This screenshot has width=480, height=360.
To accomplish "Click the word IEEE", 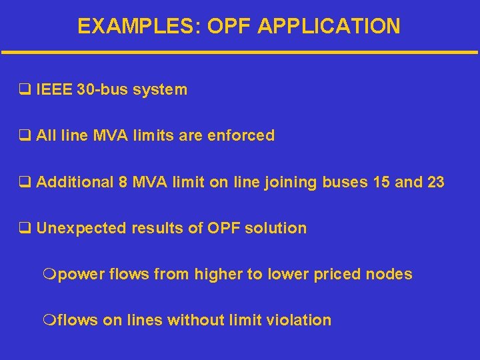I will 55,89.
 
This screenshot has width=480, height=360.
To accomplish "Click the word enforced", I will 241,136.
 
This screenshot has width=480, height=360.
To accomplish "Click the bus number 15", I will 381,182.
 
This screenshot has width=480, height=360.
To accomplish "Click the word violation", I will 303,320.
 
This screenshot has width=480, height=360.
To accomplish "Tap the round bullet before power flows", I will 49,274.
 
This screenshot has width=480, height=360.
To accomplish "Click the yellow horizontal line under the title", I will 240,52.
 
